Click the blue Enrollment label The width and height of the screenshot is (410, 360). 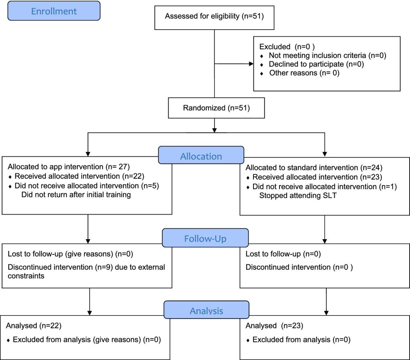click(x=54, y=11)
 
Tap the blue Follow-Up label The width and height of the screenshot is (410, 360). click(x=205, y=238)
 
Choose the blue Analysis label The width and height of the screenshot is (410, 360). click(x=206, y=310)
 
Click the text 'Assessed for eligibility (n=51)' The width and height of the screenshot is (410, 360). click(x=214, y=16)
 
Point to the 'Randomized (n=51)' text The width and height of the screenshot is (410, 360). click(x=216, y=108)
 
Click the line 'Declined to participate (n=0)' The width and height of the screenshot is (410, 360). click(x=316, y=64)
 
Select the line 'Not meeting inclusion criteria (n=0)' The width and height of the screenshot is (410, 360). click(x=328, y=55)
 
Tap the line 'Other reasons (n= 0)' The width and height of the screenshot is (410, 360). click(x=304, y=73)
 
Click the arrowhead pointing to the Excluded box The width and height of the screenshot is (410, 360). click(x=251, y=64)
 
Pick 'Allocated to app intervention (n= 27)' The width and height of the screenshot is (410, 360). click(x=69, y=167)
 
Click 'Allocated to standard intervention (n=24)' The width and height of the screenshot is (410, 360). click(x=314, y=168)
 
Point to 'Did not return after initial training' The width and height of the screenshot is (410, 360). click(x=76, y=195)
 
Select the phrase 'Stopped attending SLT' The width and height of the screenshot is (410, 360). click(x=298, y=196)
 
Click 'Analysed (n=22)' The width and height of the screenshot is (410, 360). click(x=34, y=326)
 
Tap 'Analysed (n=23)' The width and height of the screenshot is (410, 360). click(x=274, y=326)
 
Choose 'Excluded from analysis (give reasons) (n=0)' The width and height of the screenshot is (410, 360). click(x=87, y=339)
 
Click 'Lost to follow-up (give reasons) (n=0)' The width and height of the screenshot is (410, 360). click(x=70, y=254)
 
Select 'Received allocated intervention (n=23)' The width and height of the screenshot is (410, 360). click(x=317, y=177)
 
